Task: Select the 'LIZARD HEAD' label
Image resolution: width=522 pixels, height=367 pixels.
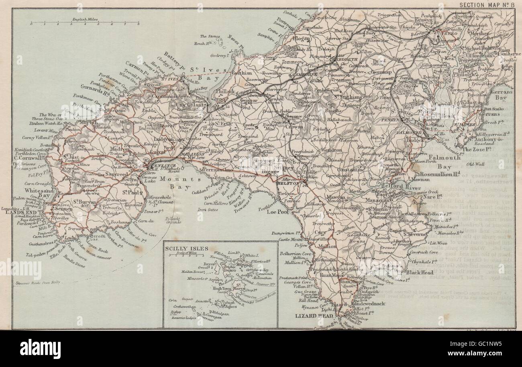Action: pyautogui.click(x=309, y=316)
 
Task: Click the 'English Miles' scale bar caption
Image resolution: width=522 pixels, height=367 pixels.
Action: pyautogui.click(x=86, y=19)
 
